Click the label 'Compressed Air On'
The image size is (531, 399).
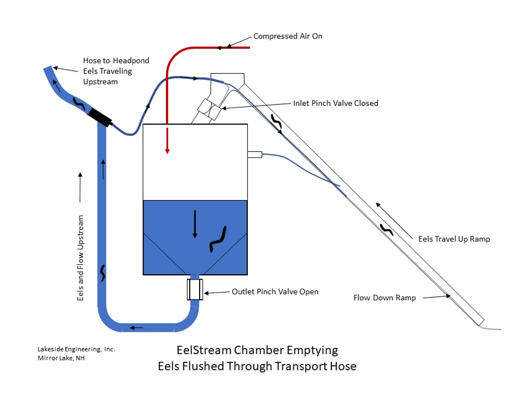[288, 36]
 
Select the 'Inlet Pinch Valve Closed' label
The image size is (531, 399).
[336, 103]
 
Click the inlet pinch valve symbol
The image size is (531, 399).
[209, 109]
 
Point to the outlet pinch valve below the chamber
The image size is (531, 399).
[195, 289]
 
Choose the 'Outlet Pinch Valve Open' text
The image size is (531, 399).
[275, 292]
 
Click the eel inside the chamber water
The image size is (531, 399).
[218, 239]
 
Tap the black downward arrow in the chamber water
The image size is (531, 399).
[195, 224]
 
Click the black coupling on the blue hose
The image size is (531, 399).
[100, 117]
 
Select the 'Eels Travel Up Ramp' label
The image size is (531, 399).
[454, 239]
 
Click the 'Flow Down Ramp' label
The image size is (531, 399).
[385, 298]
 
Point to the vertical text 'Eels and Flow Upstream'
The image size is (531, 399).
[80, 258]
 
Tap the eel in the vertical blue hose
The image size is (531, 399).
[103, 273]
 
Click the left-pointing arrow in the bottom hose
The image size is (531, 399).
[136, 328]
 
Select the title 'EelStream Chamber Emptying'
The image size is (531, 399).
[257, 350]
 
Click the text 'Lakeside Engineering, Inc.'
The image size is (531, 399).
[76, 349]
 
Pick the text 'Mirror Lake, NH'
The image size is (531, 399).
[61, 358]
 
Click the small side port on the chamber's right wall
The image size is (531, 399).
[255, 155]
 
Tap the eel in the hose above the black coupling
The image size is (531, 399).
[79, 103]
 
